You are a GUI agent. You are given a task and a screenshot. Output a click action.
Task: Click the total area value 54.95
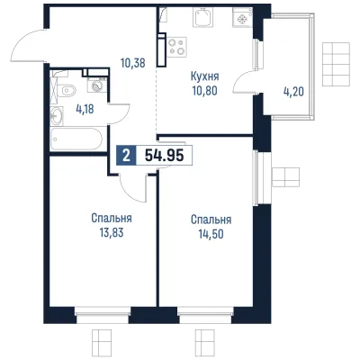click(164, 156)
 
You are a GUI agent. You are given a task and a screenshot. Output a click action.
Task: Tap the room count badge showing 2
click(127, 156)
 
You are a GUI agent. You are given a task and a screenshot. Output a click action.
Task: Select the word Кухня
click(205, 76)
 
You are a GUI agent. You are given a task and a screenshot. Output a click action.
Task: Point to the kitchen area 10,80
click(205, 90)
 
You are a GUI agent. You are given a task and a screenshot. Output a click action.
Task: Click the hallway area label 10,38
click(133, 63)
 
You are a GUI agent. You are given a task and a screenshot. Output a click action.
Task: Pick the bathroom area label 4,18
click(85, 110)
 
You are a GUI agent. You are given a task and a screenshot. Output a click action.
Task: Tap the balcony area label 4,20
click(293, 92)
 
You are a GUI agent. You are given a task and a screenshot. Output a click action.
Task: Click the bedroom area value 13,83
click(112, 232)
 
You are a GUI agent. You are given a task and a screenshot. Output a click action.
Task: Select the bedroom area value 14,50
click(211, 234)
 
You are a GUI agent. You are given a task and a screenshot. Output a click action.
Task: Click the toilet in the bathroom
click(66, 89)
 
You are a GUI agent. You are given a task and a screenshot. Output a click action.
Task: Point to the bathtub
click(76, 139)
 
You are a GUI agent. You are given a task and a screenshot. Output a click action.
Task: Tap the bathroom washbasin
click(57, 115)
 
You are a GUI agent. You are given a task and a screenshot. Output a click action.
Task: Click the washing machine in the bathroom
click(96, 86)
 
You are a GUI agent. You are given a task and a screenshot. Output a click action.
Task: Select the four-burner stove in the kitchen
click(176, 47)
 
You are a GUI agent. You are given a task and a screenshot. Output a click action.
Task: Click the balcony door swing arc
click(241, 78)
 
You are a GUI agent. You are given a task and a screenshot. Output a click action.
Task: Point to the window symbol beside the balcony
click(337, 64)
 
